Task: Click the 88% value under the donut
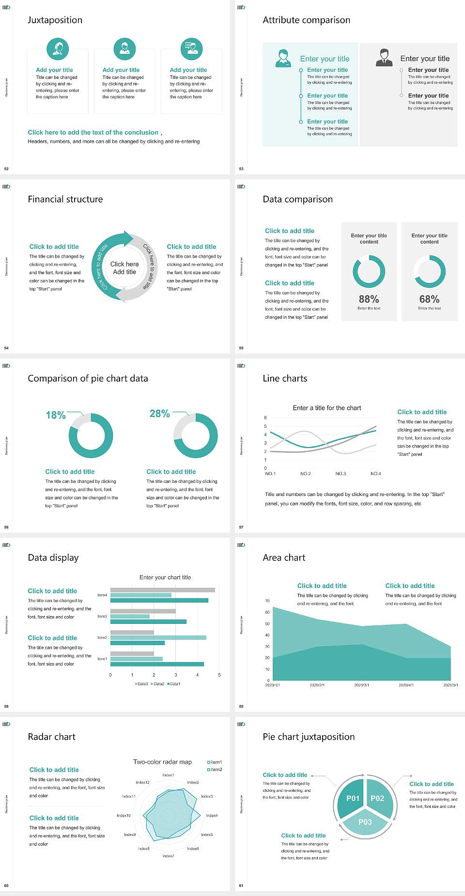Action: (x=369, y=299)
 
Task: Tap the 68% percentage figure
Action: (x=429, y=299)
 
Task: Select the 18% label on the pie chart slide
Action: (x=56, y=415)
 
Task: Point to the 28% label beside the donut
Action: (x=159, y=414)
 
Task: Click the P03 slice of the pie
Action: (x=365, y=822)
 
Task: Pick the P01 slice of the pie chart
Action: (x=353, y=798)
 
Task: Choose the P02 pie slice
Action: (x=377, y=798)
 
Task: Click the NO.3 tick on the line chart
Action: (x=341, y=474)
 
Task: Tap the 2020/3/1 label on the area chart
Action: (x=361, y=685)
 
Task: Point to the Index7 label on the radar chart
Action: (x=168, y=856)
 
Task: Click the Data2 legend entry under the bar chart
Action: (x=157, y=684)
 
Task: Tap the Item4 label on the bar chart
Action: (x=102, y=595)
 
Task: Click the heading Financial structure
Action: (x=65, y=199)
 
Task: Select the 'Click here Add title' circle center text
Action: (x=124, y=268)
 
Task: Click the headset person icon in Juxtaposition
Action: (x=58, y=48)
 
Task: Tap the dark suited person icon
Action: (x=384, y=57)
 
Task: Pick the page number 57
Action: (x=241, y=527)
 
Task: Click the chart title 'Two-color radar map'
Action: (x=162, y=762)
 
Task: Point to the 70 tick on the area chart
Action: (x=267, y=601)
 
